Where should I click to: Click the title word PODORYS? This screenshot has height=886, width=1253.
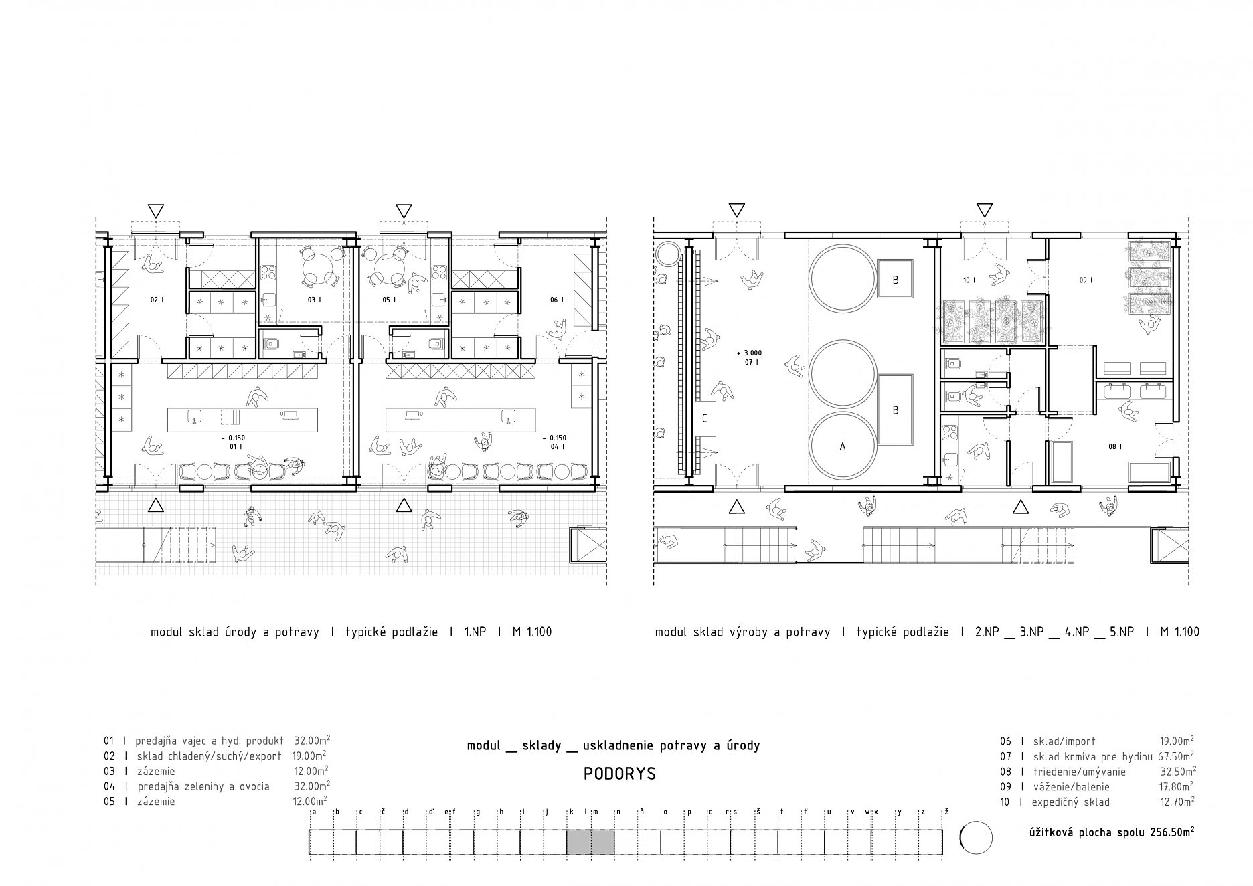pyautogui.click(x=620, y=774)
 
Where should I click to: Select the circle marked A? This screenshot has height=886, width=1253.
pyautogui.click(x=843, y=446)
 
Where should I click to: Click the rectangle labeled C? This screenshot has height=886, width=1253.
pyautogui.click(x=705, y=419)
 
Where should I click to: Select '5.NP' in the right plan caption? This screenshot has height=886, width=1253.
pyautogui.click(x=1122, y=632)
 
